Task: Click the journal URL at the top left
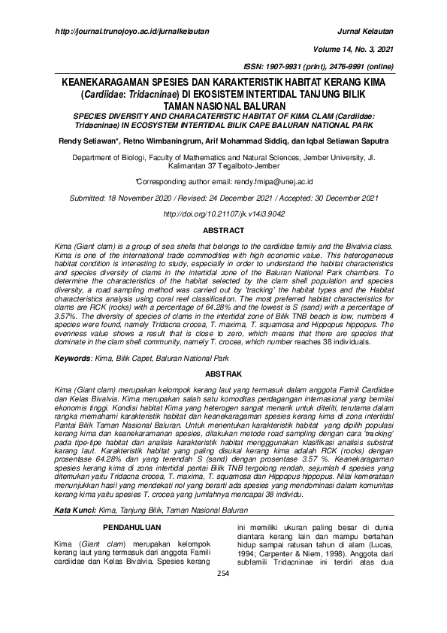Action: coord(133,32)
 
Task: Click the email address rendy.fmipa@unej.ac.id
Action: coord(270,182)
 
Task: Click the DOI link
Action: coord(223,214)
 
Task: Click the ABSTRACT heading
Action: coord(223,230)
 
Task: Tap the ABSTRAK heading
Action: coord(223,374)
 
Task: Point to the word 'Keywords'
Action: coord(73,359)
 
